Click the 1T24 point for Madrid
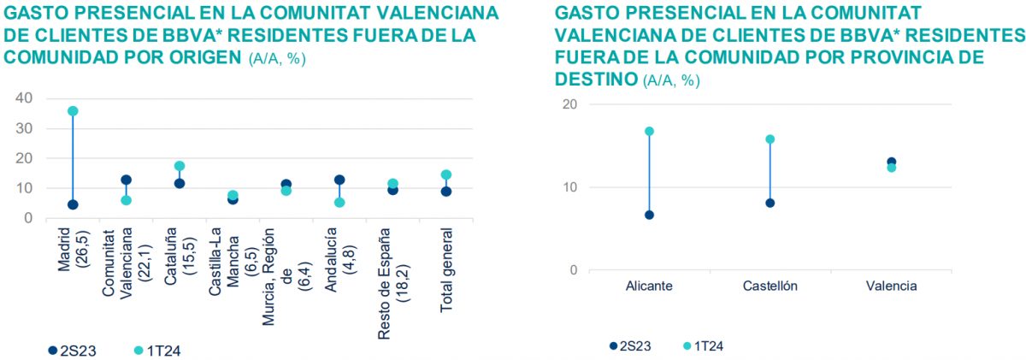73,111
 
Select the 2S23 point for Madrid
73,204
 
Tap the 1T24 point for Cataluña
180,166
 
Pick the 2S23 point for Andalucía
339,180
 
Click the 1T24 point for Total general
445,174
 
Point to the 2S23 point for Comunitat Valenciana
126,180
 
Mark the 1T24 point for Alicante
649,131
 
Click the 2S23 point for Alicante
649,215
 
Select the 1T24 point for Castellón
769,139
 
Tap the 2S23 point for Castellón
769,203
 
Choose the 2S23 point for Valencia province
891,162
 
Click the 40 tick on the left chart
24,98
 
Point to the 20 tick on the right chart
569,104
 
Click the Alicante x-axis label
649,286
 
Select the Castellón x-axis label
769,286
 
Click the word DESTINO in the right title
594,79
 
